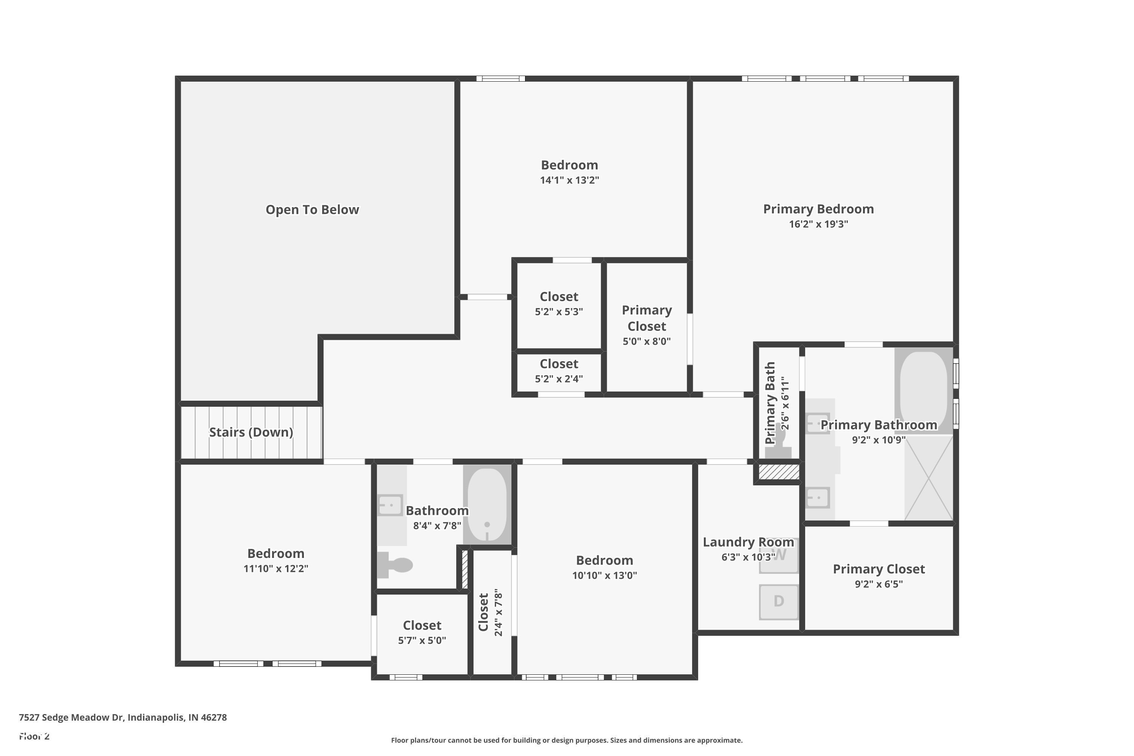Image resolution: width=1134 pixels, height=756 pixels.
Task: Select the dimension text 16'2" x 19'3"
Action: coord(818,224)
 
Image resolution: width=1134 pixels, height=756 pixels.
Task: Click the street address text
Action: coord(122,717)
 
